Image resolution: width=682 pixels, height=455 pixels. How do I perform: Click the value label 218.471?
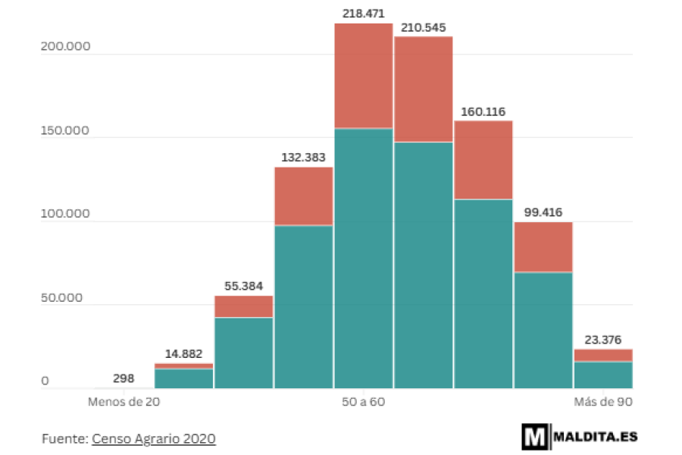(x=364, y=13)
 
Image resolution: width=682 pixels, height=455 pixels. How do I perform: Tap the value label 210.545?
(x=424, y=27)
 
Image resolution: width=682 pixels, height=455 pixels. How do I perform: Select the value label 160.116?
(x=483, y=111)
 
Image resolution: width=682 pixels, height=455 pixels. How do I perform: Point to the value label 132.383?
(x=304, y=157)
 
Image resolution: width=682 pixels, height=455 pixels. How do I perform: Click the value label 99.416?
(x=543, y=212)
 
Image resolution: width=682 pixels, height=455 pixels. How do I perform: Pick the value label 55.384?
(x=244, y=286)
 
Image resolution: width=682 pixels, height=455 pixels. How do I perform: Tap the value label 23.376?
(x=603, y=340)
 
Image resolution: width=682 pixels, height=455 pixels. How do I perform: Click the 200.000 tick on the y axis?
(x=65, y=46)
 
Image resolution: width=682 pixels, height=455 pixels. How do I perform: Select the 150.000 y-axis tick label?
(x=65, y=130)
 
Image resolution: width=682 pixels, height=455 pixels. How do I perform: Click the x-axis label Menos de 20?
(x=124, y=401)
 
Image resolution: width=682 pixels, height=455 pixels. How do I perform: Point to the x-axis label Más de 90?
(x=603, y=401)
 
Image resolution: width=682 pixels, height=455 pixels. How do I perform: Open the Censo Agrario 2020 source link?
(x=154, y=438)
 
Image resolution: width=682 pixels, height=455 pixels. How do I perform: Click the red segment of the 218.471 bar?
(x=364, y=76)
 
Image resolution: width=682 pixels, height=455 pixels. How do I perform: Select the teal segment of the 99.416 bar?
(x=543, y=330)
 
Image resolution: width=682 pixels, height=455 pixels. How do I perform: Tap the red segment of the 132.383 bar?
(x=304, y=196)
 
